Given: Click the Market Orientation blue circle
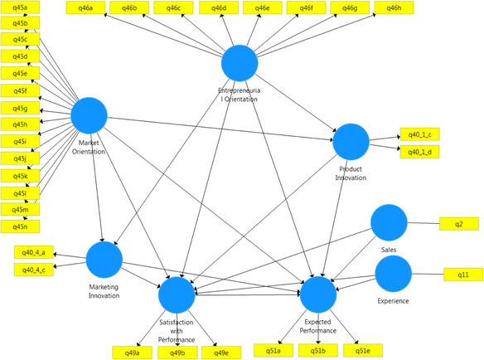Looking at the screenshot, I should [x=89, y=115].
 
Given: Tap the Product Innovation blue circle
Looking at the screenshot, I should [x=351, y=142].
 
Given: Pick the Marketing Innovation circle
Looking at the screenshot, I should [x=104, y=260].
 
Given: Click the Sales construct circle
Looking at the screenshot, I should [x=389, y=222].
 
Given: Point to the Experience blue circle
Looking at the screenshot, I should [x=393, y=274].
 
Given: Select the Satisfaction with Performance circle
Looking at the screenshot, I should [x=176, y=294].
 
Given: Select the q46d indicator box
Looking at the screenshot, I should [x=218, y=8].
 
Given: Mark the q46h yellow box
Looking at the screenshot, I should [x=394, y=8].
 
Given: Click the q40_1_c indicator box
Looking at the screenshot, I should [x=420, y=134].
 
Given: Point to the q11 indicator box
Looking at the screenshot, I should [x=463, y=275].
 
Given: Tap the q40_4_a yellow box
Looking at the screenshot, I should [x=34, y=251].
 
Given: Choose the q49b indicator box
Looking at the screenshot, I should [x=177, y=353].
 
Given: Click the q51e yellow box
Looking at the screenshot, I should [x=363, y=351].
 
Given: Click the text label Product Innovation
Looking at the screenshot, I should [x=351, y=173].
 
